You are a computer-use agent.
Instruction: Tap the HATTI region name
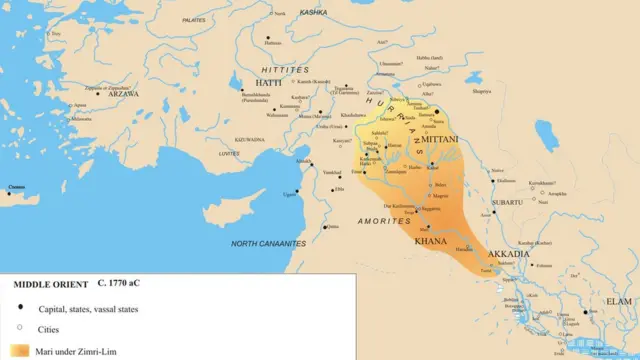click(x=246, y=84)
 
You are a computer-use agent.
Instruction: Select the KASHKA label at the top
click(x=313, y=12)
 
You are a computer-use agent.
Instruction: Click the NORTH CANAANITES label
click(x=268, y=244)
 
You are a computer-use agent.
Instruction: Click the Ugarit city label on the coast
click(x=290, y=192)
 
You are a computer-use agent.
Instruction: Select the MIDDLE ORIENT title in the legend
click(x=46, y=284)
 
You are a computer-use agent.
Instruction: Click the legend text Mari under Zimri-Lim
click(x=77, y=351)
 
